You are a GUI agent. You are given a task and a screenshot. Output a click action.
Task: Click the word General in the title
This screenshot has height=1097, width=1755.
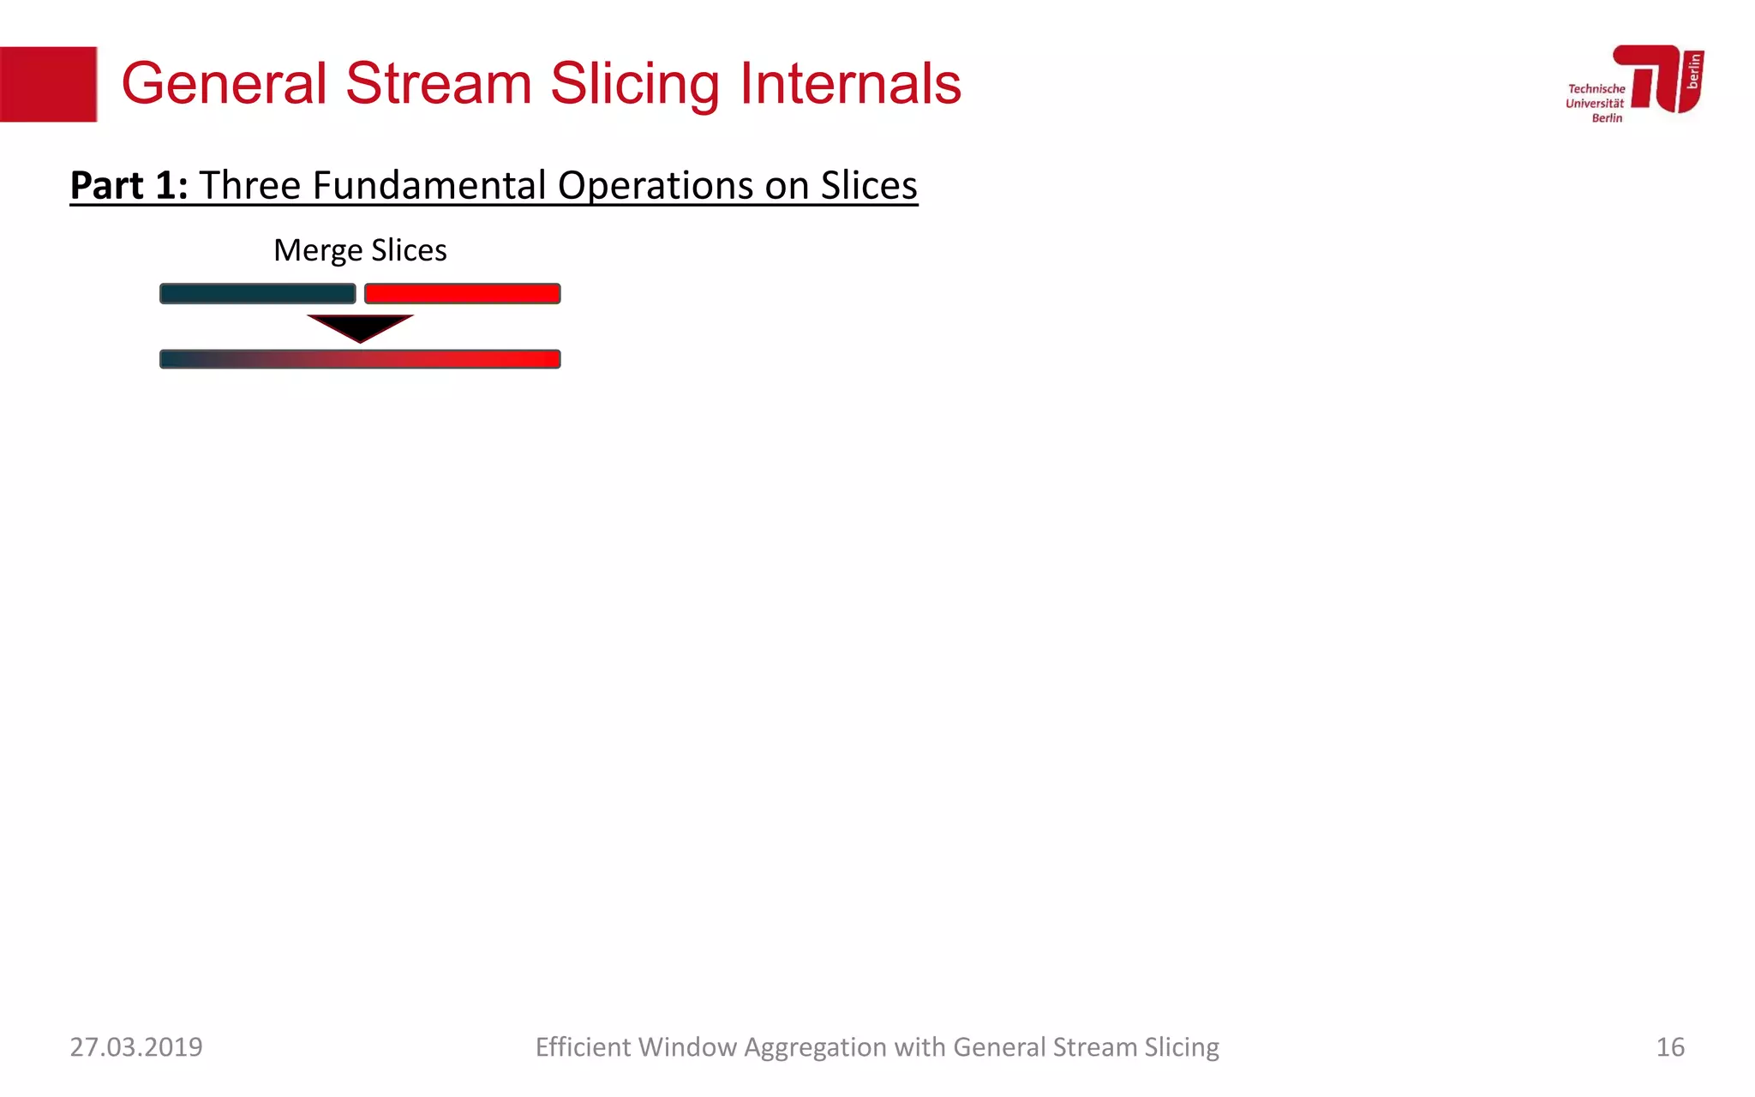click(x=224, y=84)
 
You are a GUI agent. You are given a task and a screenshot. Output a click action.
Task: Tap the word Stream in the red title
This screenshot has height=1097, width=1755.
click(x=438, y=84)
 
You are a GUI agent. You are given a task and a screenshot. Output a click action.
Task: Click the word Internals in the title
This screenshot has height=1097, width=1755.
click(x=850, y=84)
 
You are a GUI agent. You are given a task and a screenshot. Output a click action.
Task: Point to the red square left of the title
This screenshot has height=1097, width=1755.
click(x=48, y=84)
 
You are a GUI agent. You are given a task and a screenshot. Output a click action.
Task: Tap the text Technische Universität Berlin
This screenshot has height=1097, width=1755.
click(x=1595, y=103)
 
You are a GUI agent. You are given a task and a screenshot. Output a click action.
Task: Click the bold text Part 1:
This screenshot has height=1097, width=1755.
click(x=129, y=185)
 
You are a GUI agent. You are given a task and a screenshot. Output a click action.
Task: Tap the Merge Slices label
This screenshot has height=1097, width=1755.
click(x=360, y=250)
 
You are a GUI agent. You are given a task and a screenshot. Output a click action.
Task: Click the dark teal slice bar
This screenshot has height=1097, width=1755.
click(x=257, y=294)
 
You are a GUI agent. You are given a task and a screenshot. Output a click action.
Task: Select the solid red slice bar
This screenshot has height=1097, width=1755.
click(x=462, y=294)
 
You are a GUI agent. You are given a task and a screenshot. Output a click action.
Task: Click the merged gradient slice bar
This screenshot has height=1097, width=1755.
click(x=360, y=359)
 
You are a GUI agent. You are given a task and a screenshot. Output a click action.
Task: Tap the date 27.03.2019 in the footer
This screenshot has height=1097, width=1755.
click(x=136, y=1046)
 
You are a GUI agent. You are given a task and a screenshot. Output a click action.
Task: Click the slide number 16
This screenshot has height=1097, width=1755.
click(x=1669, y=1046)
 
